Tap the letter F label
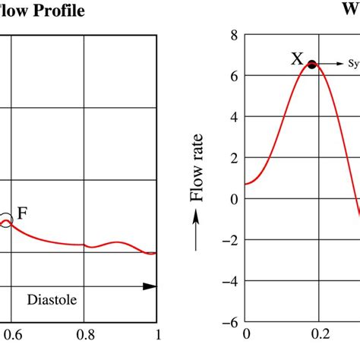pyautogui.click(x=23, y=213)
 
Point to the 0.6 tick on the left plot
pyautogui.click(x=9, y=333)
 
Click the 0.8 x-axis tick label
pyautogui.click(x=84, y=333)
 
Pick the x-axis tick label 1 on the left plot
pyautogui.click(x=157, y=333)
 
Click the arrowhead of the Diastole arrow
pyautogui.click(x=150, y=286)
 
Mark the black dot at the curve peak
pyautogui.click(x=311, y=65)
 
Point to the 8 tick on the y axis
pyautogui.click(x=234, y=35)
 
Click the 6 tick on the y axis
pyautogui.click(x=234, y=76)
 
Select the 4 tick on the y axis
pyautogui.click(x=234, y=117)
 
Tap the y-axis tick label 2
pyautogui.click(x=234, y=158)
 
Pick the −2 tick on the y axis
pyautogui.click(x=231, y=240)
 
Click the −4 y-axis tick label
pyautogui.click(x=231, y=281)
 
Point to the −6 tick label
pyautogui.click(x=231, y=322)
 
